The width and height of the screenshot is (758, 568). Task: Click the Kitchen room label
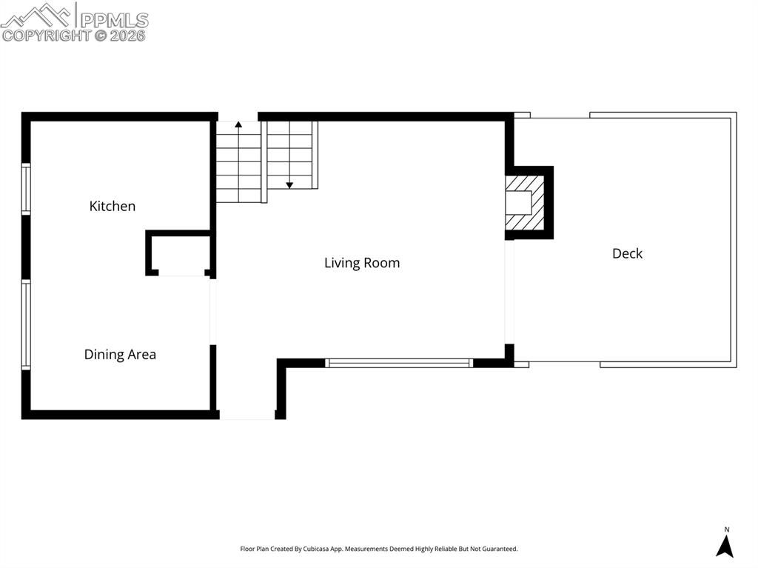click(113, 206)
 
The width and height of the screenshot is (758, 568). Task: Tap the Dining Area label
click(120, 354)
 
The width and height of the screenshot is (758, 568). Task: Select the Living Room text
click(362, 262)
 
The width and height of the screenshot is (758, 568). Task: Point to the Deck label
click(627, 253)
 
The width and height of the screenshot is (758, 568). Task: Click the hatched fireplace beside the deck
click(524, 202)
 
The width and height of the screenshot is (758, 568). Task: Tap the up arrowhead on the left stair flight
click(238, 127)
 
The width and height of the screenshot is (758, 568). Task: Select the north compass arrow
click(725, 545)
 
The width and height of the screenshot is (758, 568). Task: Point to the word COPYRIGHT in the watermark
click(46, 35)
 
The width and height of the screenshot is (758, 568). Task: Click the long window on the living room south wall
click(399, 363)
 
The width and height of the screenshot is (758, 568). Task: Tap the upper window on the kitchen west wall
click(26, 190)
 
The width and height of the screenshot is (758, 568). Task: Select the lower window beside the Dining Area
click(26, 324)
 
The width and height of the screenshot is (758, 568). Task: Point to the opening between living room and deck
click(509, 292)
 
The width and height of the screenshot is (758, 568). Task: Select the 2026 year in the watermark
click(128, 35)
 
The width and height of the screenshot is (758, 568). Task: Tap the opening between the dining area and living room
click(213, 311)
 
